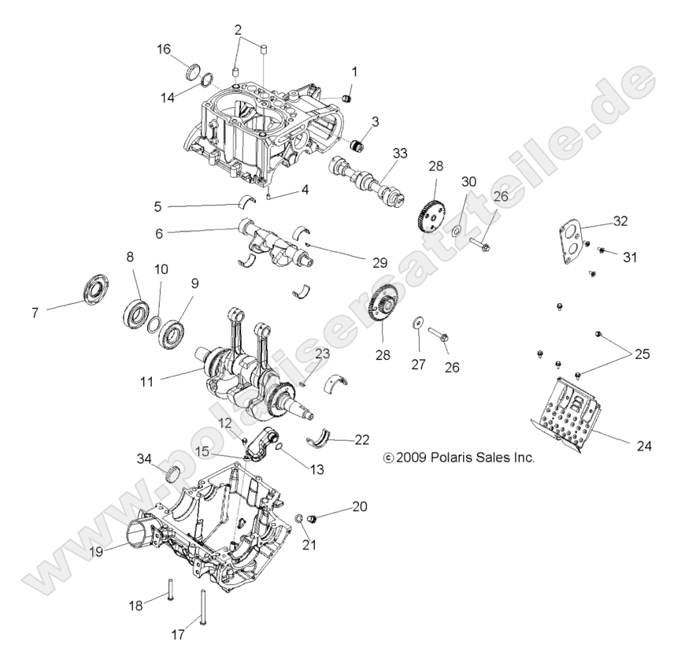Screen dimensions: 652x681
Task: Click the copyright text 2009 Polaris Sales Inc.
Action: pos(457,457)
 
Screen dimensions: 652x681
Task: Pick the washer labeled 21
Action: pos(299,520)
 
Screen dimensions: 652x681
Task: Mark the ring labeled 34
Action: pos(171,476)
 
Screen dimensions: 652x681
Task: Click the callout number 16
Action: pos(164,49)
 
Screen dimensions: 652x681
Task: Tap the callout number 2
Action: pos(238,29)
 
